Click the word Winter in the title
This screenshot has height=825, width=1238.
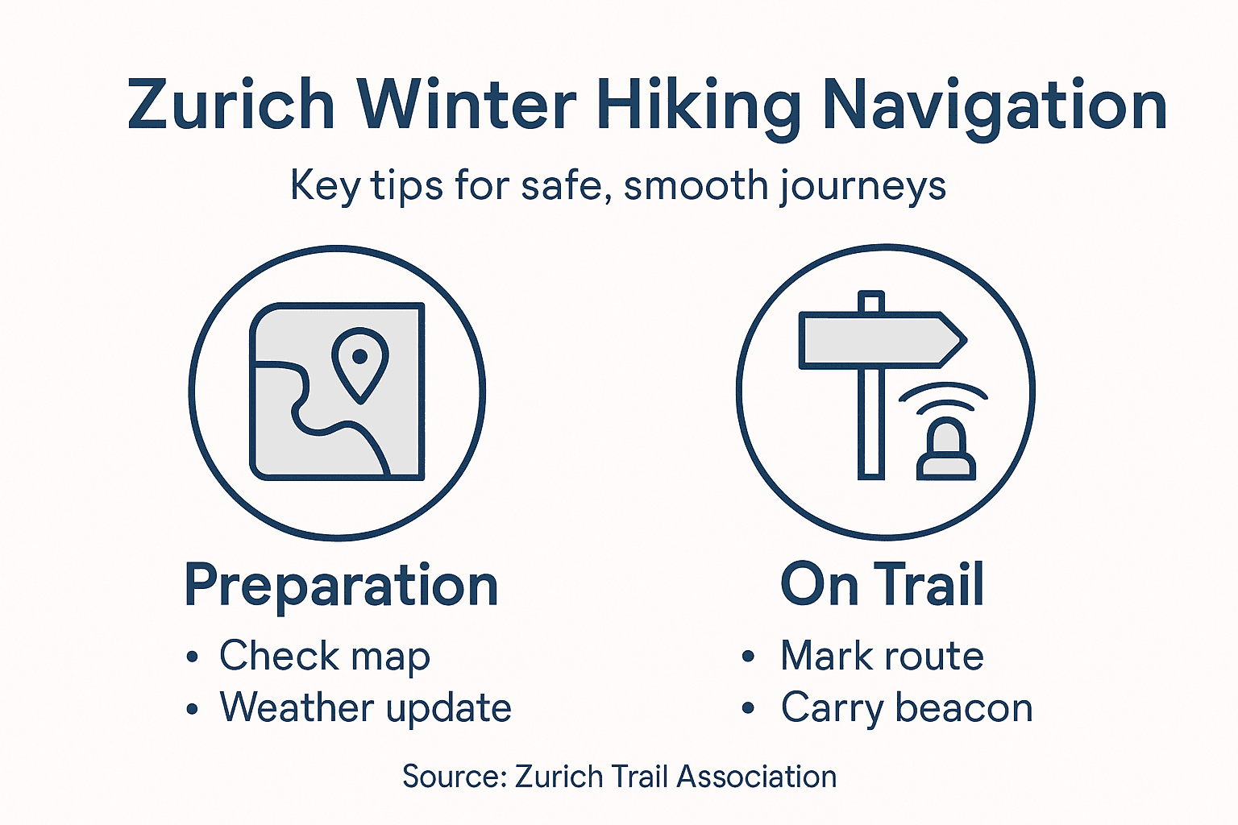pyautogui.click(x=467, y=105)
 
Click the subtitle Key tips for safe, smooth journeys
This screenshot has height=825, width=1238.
pyautogui.click(x=617, y=186)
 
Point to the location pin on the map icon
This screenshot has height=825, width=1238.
pyautogui.click(x=360, y=363)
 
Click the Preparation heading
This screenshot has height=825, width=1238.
pyautogui.click(x=341, y=586)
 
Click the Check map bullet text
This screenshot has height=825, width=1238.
pyautogui.click(x=325, y=656)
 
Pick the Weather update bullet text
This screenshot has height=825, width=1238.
pyautogui.click(x=365, y=708)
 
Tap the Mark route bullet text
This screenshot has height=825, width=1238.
pyautogui.click(x=882, y=656)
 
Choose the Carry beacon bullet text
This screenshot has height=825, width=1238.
pyautogui.click(x=907, y=709)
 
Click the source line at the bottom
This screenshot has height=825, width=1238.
pyautogui.click(x=619, y=777)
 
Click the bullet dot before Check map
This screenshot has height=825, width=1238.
pyautogui.click(x=192, y=657)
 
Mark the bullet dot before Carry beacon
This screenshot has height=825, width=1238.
pyautogui.click(x=748, y=709)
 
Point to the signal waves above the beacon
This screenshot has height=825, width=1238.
pyautogui.click(x=943, y=396)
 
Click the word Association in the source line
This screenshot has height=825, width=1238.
pyautogui.click(x=756, y=777)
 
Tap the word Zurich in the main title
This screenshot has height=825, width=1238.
pyautogui.click(x=231, y=105)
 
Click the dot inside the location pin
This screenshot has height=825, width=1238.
pyautogui.click(x=360, y=355)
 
